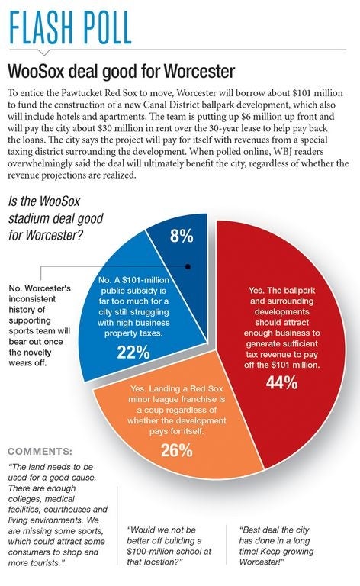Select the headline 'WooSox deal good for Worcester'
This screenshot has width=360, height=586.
tap(121, 71)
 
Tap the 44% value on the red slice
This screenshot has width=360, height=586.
tap(282, 382)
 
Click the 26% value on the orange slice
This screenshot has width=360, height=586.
tap(177, 450)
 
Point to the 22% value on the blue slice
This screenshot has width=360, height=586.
tap(133, 352)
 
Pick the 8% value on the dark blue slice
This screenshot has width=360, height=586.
tap(182, 237)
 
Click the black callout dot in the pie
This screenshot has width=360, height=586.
tap(188, 266)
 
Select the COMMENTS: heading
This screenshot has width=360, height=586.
tap(40, 451)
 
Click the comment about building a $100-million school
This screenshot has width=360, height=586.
tap(169, 546)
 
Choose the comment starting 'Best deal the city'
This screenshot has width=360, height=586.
tap(276, 546)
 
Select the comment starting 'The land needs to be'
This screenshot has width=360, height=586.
tap(57, 514)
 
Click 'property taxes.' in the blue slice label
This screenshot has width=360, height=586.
tap(133, 333)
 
